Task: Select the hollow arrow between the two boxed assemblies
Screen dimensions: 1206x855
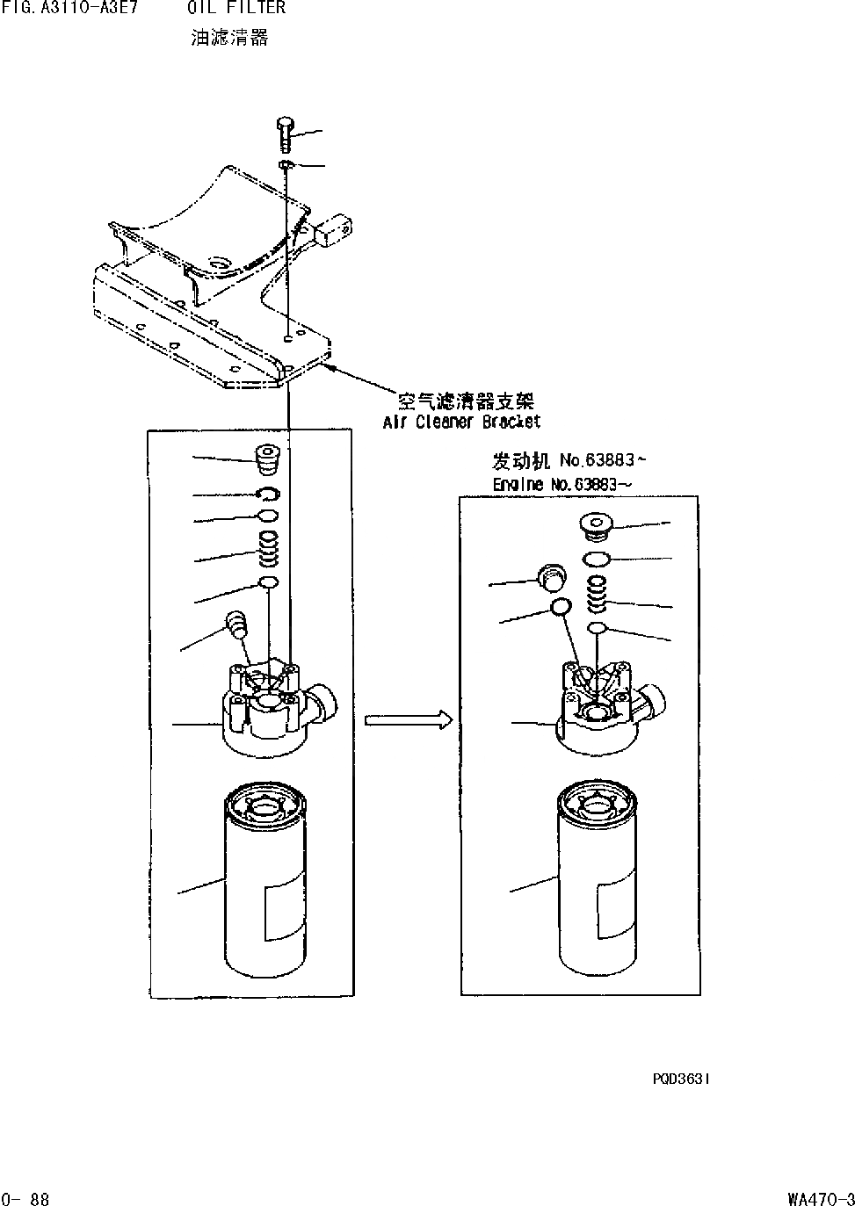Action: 408,720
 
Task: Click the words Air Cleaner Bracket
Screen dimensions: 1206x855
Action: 461,422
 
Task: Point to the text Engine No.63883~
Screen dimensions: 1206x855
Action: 562,484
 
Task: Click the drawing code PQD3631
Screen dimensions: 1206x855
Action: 681,1079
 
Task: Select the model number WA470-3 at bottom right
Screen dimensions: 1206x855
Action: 821,1198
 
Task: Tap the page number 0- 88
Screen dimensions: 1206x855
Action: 26,1198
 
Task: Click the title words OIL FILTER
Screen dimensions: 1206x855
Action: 236,8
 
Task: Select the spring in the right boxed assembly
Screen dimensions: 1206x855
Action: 596,595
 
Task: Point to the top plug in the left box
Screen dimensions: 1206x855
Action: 266,459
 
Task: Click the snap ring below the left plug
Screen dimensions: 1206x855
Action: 269,494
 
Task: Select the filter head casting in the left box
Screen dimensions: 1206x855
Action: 272,707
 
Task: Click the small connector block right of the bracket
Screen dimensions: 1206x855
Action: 335,231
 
